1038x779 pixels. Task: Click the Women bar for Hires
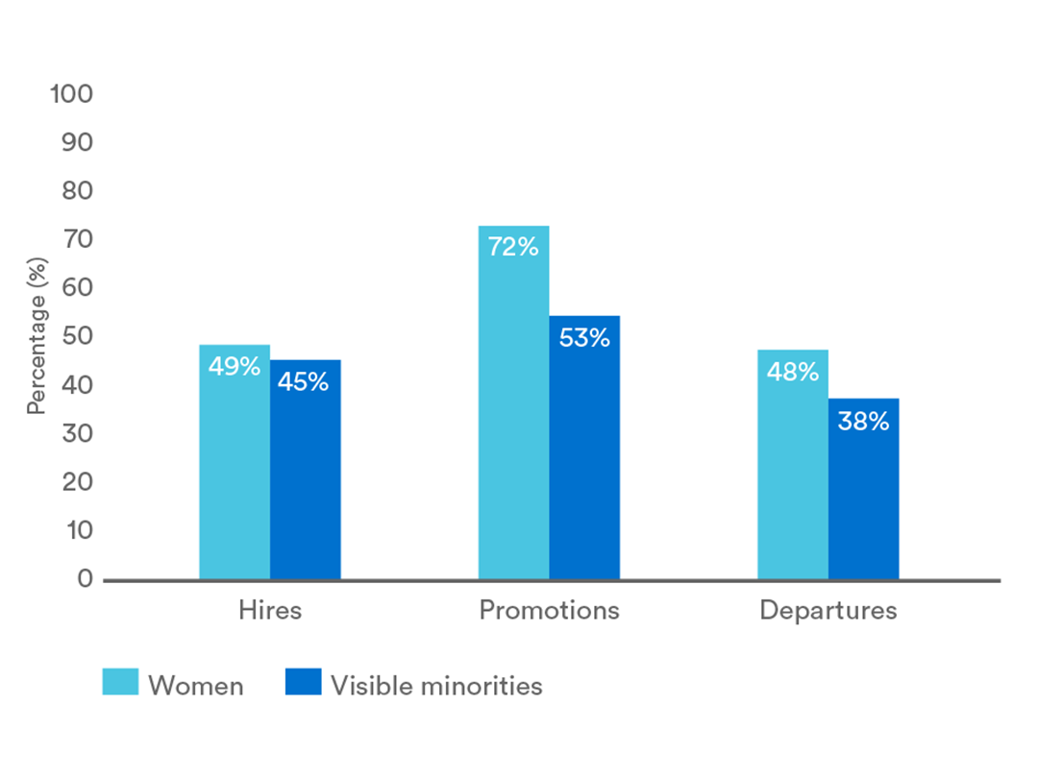[x=235, y=462]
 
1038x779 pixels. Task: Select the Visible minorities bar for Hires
[x=306, y=470]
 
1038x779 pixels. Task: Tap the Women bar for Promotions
[x=513, y=403]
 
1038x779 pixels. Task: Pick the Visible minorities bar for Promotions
[x=584, y=448]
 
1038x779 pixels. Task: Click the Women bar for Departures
[x=793, y=465]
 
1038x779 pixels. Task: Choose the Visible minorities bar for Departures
[x=864, y=489]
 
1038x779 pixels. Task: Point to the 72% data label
[x=513, y=247]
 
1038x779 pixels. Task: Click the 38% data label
[x=863, y=421]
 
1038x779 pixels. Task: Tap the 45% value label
[x=303, y=381]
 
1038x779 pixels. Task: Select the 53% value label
[x=584, y=337]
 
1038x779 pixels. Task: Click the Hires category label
[x=270, y=610]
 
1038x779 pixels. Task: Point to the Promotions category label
[x=550, y=610]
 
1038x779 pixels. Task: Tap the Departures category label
[x=828, y=610]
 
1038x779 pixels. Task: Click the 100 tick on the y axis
[x=71, y=94]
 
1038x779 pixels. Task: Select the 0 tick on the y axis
[x=85, y=578]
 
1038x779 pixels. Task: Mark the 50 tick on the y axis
[x=78, y=335]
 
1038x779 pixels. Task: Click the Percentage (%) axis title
[x=37, y=336]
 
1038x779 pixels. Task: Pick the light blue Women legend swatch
[x=120, y=682]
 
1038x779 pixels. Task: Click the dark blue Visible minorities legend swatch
[x=303, y=682]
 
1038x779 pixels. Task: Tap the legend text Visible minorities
[x=437, y=686]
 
